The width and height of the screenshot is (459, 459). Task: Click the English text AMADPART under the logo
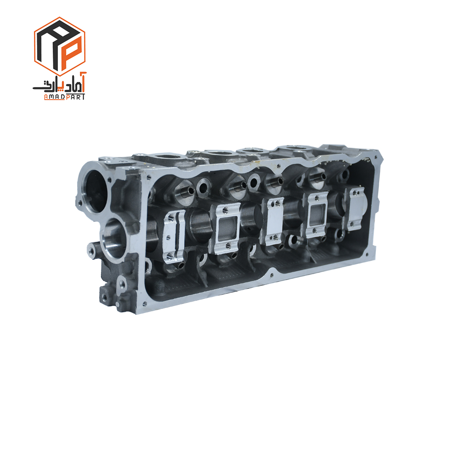click(x=64, y=97)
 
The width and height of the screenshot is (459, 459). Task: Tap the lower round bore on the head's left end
click(x=115, y=239)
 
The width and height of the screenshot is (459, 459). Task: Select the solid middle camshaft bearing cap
click(x=273, y=221)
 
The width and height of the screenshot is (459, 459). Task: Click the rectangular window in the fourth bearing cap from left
click(x=317, y=215)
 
